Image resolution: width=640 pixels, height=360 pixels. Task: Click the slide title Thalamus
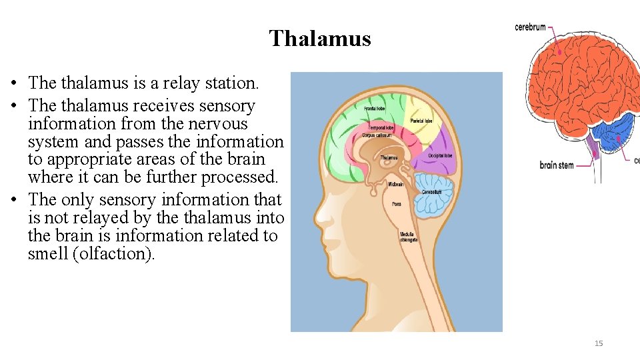[320, 39]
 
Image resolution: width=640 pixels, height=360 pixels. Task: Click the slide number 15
[598, 343]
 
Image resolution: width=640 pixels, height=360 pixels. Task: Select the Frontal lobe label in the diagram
[374, 107]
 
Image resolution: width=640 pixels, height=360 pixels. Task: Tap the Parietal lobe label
[421, 121]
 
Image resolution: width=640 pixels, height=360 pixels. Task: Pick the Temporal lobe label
[381, 127]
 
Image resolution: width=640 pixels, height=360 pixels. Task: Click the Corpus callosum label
[376, 135]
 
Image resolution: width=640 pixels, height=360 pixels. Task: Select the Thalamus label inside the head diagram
[389, 158]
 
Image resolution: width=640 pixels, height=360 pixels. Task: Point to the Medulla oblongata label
[409, 237]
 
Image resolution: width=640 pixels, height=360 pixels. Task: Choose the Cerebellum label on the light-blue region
[431, 193]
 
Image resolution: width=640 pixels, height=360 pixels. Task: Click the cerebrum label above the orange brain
[530, 27]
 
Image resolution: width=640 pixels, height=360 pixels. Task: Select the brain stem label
[556, 165]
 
